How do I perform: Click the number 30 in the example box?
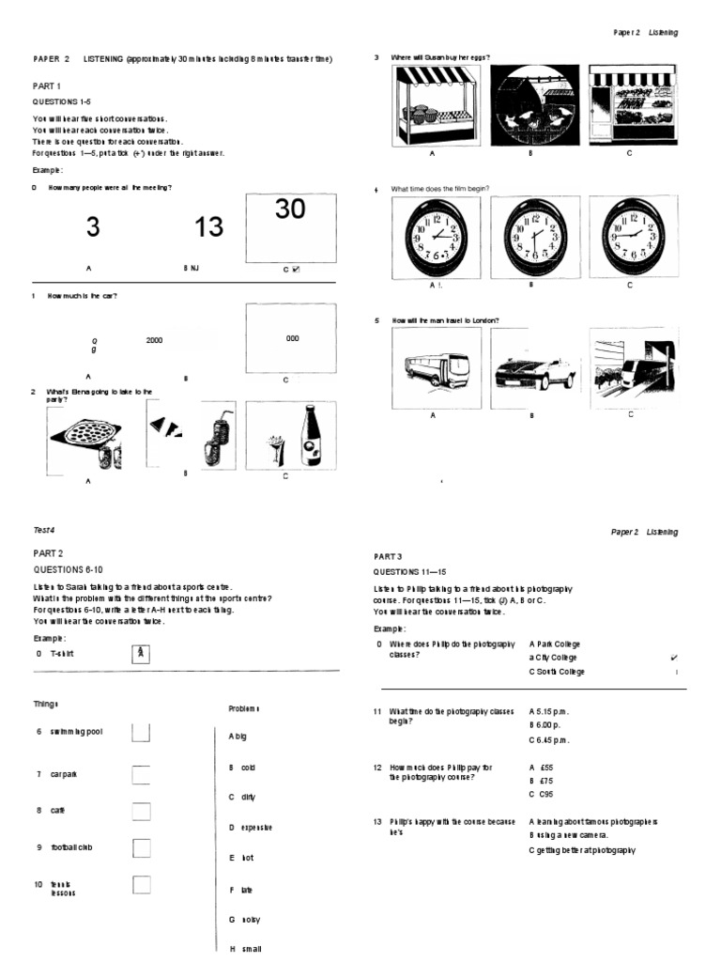click(290, 209)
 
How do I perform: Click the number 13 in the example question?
click(209, 226)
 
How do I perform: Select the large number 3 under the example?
click(92, 226)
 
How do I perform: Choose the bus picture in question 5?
click(432, 369)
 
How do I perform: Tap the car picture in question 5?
click(531, 373)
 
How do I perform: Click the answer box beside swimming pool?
click(142, 732)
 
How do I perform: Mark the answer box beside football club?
click(142, 848)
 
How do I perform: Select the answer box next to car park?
click(142, 775)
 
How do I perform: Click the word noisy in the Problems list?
click(251, 919)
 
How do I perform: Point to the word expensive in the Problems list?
click(255, 827)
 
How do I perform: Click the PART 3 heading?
click(388, 557)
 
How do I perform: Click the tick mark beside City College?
click(675, 658)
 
